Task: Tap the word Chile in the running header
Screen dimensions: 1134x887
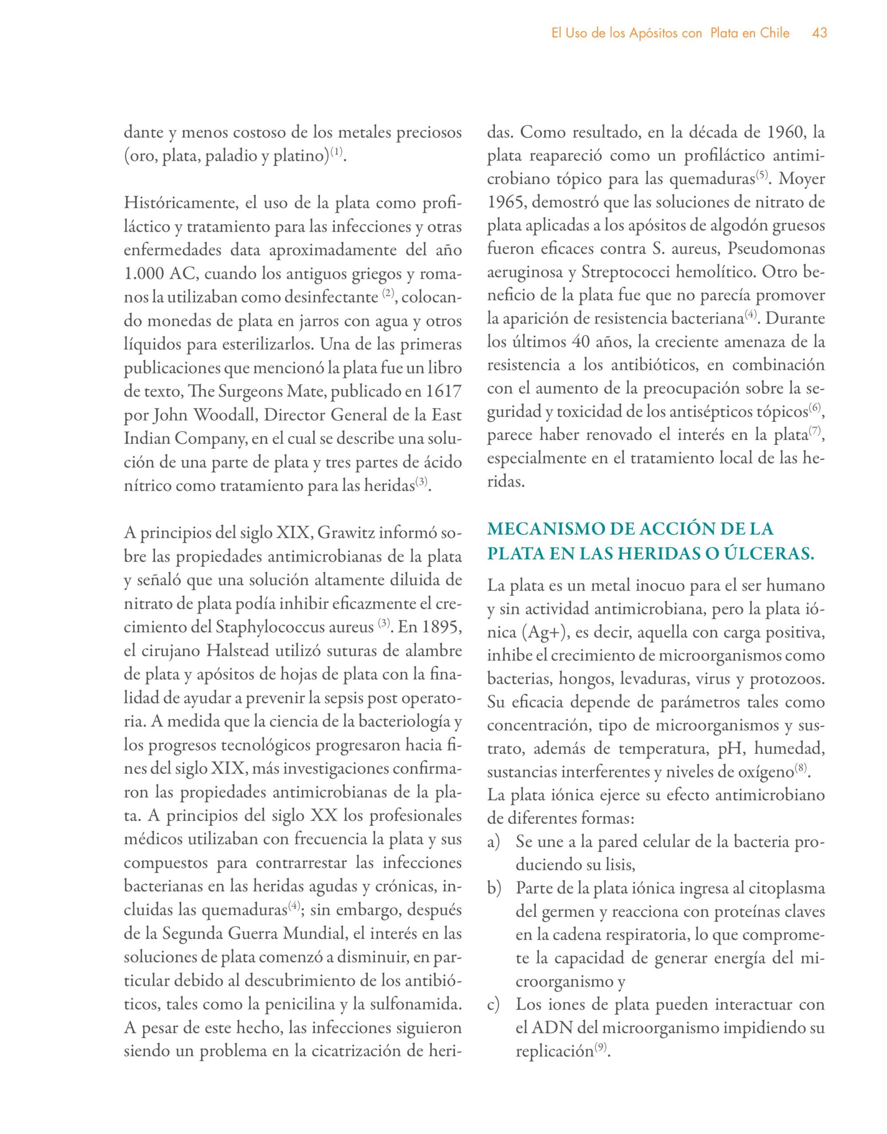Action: coord(775,33)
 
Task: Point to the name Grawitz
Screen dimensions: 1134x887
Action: coord(347,533)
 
